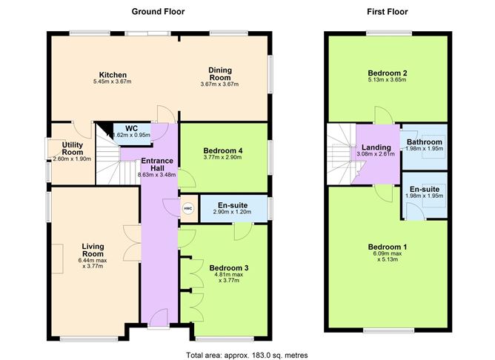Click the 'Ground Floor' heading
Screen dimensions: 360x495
point(158,11)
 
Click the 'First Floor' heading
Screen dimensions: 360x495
point(388,11)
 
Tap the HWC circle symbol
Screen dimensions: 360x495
point(186,208)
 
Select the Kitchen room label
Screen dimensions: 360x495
point(113,75)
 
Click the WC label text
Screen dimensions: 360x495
point(132,127)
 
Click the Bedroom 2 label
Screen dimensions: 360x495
point(388,73)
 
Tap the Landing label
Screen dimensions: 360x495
point(376,147)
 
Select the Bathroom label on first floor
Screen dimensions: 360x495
point(424,141)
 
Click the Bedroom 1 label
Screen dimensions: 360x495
point(388,247)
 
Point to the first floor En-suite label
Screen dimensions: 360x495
point(424,189)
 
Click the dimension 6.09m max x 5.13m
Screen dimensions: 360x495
point(388,257)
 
